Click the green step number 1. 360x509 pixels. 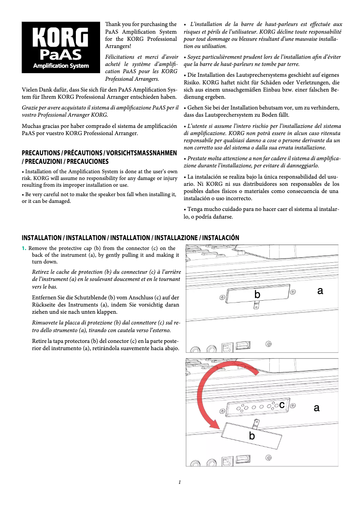24,249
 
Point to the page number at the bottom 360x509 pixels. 180,483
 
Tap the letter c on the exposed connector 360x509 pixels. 281,405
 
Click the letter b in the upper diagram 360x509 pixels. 257,294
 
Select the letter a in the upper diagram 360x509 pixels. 320,291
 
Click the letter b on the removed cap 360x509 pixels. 252,436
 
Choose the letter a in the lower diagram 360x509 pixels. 316,408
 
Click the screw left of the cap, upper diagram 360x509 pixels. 222,297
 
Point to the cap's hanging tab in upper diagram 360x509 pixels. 256,305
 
